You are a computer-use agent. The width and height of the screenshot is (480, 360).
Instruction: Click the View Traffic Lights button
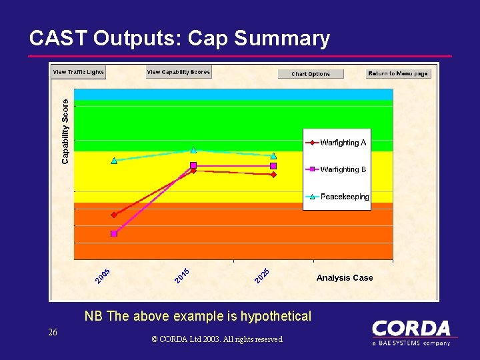79,73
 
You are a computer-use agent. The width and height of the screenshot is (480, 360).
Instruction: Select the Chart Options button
311,74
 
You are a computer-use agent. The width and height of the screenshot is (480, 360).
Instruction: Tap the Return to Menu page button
398,73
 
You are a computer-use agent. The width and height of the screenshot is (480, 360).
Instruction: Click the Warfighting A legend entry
337,143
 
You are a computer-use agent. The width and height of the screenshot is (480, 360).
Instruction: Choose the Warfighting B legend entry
337,169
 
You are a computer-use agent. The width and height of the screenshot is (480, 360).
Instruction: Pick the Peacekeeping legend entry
337,197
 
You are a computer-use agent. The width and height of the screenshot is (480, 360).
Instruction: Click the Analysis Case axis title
345,278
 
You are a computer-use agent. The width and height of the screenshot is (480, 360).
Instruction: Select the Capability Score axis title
65,131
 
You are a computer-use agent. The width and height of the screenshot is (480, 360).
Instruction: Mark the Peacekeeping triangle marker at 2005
114,161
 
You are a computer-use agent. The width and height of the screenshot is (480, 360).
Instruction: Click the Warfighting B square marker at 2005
114,233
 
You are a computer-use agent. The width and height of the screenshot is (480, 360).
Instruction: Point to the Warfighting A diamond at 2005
114,215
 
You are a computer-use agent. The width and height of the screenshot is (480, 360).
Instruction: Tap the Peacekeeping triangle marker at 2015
193,150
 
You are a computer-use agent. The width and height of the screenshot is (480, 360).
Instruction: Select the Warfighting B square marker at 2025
273,165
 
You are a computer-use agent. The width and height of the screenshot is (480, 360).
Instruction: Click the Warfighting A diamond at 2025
273,175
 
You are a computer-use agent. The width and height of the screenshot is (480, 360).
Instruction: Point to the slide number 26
53,332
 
